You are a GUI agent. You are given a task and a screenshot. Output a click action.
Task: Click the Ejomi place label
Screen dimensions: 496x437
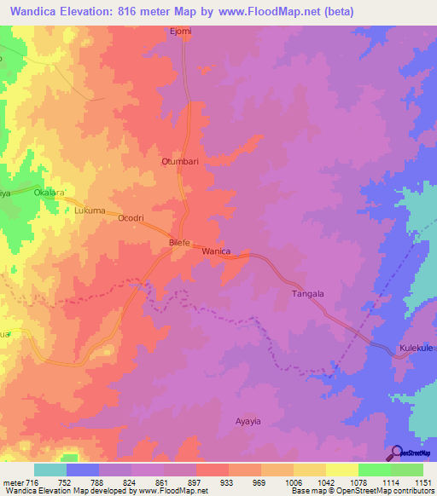pos(180,32)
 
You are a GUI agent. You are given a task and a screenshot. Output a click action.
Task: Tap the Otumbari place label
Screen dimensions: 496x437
pos(179,160)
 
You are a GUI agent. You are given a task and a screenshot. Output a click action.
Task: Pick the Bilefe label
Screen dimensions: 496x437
pos(180,243)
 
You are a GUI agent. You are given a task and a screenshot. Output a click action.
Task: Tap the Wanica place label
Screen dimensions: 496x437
pos(215,251)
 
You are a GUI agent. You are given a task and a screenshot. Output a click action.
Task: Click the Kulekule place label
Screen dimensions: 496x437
pos(417,349)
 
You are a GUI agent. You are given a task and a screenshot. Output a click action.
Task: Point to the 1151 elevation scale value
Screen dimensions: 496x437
pos(422,482)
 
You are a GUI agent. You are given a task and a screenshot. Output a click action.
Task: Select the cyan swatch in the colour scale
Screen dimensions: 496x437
pos(50,470)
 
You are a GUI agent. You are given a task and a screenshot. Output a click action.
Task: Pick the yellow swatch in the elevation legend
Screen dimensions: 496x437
pos(341,470)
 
